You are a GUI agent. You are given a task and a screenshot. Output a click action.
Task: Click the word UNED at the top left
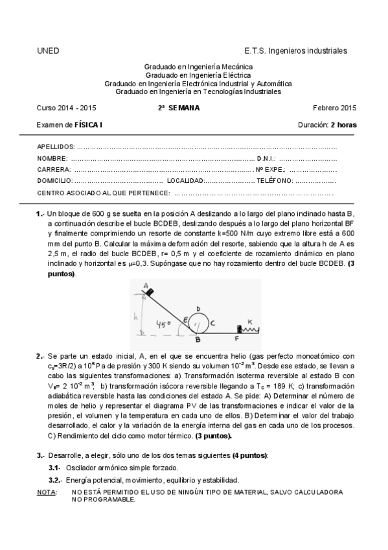(x=49, y=51)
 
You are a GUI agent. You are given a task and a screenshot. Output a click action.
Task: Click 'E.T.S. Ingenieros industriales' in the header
(x=295, y=51)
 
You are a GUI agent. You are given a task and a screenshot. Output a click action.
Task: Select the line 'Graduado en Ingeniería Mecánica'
(x=198, y=67)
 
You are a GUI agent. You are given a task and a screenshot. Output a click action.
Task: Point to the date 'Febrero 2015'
(x=334, y=108)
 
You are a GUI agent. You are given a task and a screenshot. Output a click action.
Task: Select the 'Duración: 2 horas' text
(x=327, y=125)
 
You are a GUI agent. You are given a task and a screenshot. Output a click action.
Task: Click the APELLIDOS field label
(x=56, y=147)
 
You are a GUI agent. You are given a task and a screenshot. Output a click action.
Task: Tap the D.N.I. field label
(x=266, y=158)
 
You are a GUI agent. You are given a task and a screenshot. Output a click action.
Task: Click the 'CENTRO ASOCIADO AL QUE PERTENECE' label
(x=104, y=193)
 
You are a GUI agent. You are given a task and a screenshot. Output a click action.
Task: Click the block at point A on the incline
(x=149, y=292)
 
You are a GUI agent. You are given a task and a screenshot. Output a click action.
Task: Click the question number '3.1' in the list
(x=54, y=467)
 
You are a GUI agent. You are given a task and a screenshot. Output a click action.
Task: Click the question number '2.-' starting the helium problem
(x=40, y=356)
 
